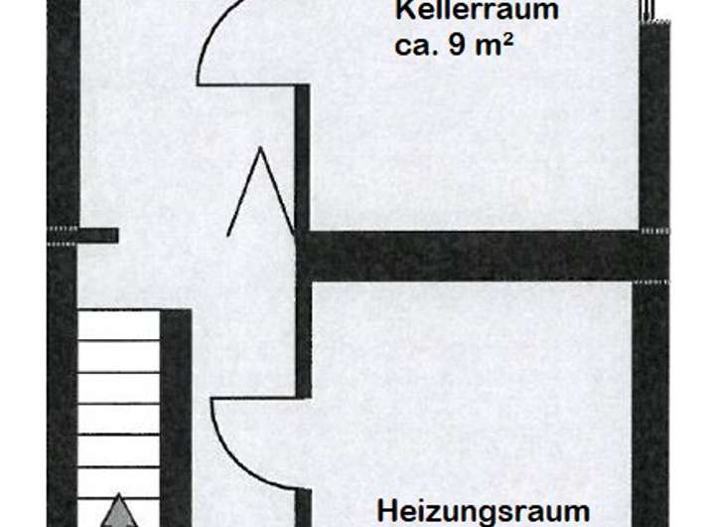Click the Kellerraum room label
pyautogui.click(x=476, y=12)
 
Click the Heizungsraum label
pyautogui.click(x=484, y=511)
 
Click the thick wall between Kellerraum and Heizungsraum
pyautogui.click(x=477, y=256)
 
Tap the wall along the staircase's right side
pyautogui.click(x=176, y=418)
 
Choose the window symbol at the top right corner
pyautogui.click(x=651, y=12)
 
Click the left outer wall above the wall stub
pyautogui.click(x=63, y=119)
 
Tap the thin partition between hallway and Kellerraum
pyautogui.click(x=302, y=159)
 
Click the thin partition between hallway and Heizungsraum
pyautogui.click(x=303, y=338)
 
